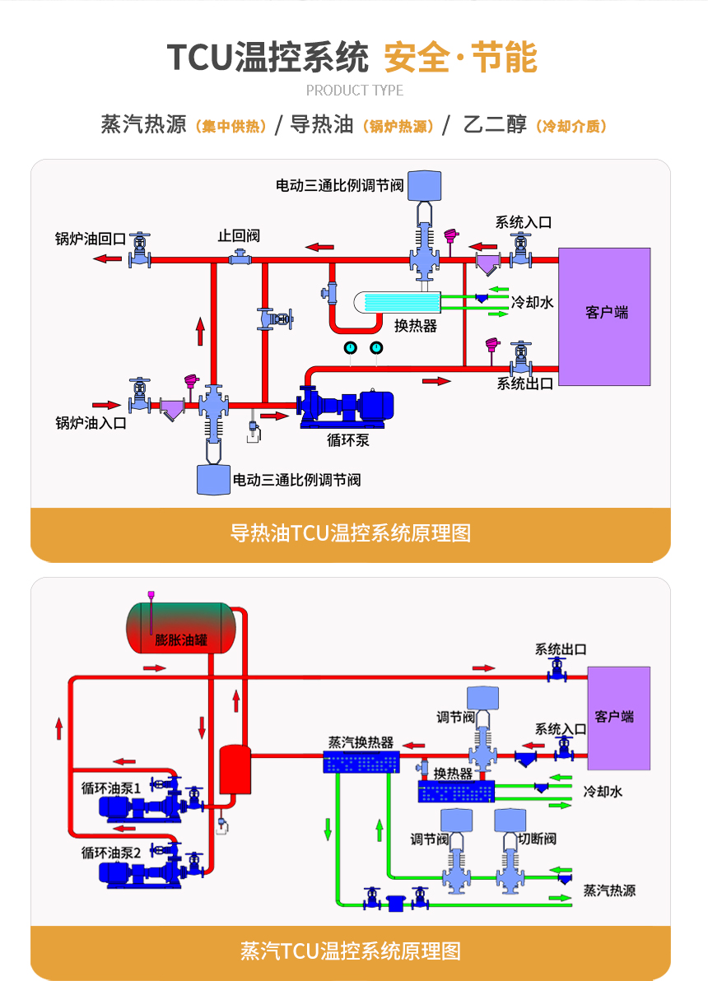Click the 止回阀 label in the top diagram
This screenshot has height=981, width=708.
pyautogui.click(x=239, y=235)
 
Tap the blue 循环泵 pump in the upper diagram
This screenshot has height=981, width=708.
pyautogui.click(x=346, y=406)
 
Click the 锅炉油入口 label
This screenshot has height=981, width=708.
pyautogui.click(x=91, y=423)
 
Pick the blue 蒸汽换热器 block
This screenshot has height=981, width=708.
pyautogui.click(x=361, y=762)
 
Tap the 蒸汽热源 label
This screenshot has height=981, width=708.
pyautogui.click(x=609, y=890)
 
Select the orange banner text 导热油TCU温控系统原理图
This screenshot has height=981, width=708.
pyautogui.click(x=351, y=533)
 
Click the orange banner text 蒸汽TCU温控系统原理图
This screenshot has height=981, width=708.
pyautogui.click(x=351, y=951)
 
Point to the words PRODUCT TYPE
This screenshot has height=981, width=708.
pyautogui.click(x=355, y=90)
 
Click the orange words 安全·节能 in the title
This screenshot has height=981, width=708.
pyautogui.click(x=460, y=58)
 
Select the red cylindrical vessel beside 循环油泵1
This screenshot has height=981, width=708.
pyautogui.click(x=235, y=769)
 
